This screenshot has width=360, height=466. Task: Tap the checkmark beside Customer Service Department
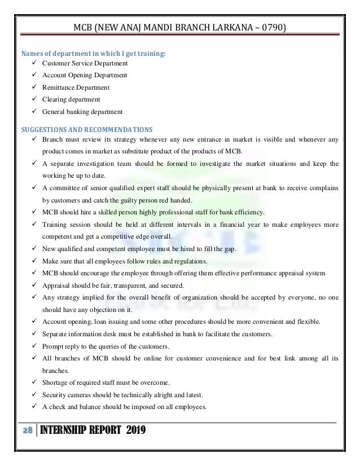coord(36,64)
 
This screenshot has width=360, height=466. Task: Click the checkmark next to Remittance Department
coord(36,87)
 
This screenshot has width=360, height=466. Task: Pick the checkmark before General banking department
coord(36,111)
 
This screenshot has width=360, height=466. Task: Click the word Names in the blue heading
coord(32,54)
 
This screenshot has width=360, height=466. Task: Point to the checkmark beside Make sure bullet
coord(36,261)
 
